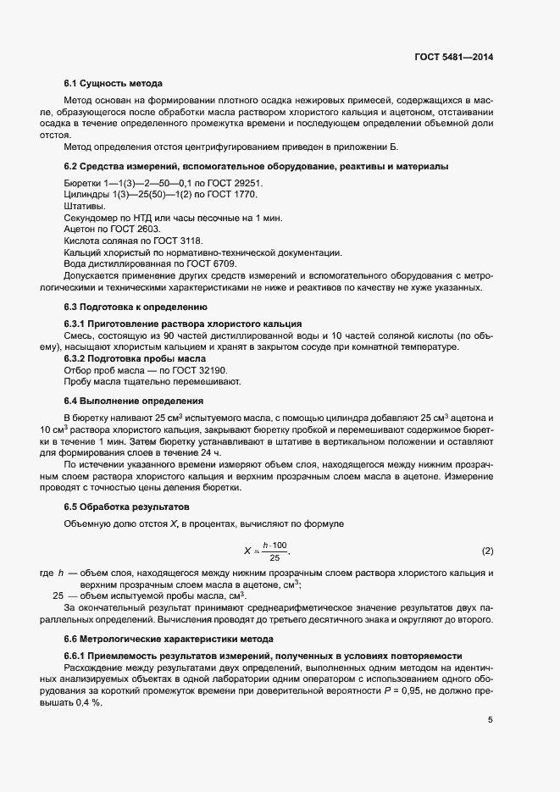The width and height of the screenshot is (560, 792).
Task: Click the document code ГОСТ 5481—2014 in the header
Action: coord(453,58)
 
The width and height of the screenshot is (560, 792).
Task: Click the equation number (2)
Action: coord(487,551)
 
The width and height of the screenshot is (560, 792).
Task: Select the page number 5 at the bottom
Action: coord(490,721)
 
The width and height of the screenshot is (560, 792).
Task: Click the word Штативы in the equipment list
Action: coord(85,206)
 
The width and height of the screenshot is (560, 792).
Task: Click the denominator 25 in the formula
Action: coord(274,558)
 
